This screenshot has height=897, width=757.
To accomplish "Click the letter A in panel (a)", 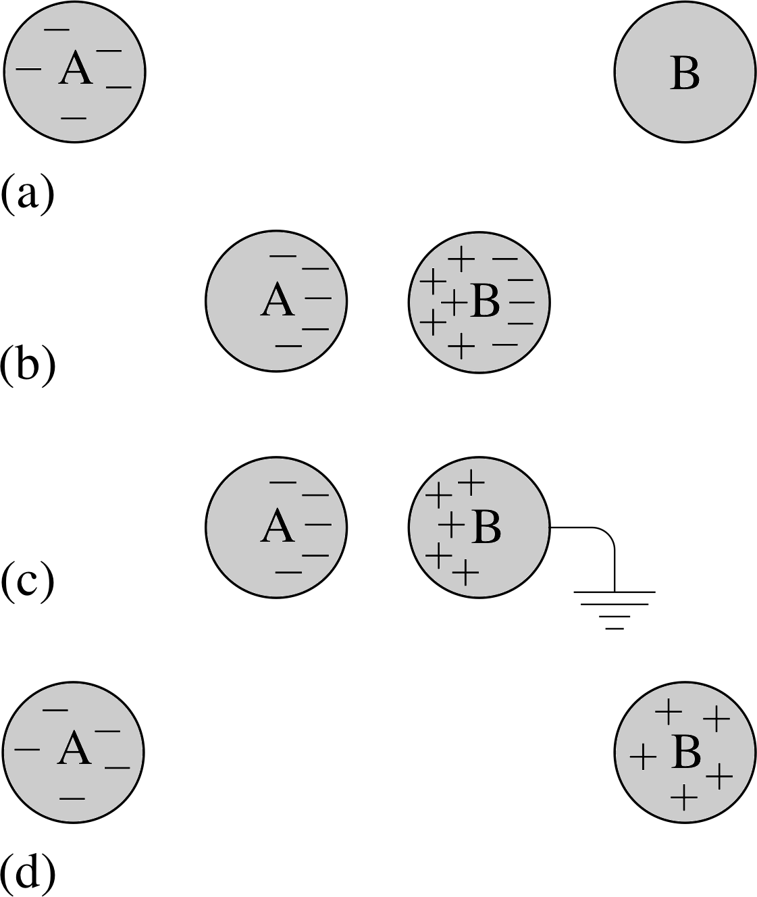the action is tap(75, 68).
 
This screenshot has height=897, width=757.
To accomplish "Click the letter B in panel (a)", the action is tap(685, 74).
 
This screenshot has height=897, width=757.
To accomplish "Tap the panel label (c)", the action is tap(28, 583).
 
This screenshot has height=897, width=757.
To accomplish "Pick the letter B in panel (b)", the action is tap(486, 301).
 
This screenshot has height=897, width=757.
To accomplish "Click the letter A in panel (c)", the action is tap(277, 525).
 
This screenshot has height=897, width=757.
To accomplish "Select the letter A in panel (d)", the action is tap(74, 748).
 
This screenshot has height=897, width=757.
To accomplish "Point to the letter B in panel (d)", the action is tap(685, 752).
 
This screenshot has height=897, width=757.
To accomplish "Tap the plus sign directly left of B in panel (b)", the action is tap(454, 303).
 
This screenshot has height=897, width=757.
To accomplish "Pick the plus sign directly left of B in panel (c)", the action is tap(452, 525).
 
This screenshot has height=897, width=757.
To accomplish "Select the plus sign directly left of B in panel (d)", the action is tap(643, 757).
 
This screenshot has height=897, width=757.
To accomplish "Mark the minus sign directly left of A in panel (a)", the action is tap(28, 69).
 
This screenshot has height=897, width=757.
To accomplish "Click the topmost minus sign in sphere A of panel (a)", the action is tap(57, 30).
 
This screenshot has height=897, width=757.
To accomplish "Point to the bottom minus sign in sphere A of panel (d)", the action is tap(72, 798).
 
